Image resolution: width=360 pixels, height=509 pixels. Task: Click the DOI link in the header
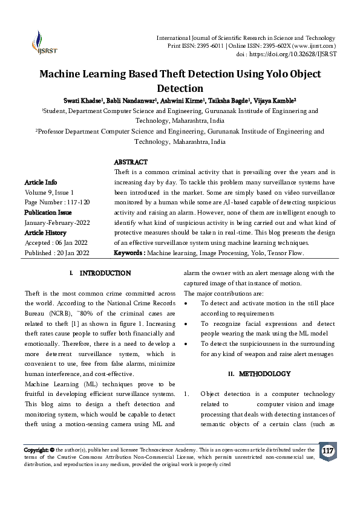(296, 54)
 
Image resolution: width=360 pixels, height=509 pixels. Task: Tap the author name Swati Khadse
(83, 100)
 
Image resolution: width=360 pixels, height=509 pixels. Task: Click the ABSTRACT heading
(131, 163)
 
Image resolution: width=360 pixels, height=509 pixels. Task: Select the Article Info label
(41, 182)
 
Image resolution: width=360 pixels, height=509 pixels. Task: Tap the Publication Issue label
(48, 212)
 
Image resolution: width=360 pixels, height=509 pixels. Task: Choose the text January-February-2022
(57, 222)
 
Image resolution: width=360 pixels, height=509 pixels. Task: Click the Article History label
(45, 233)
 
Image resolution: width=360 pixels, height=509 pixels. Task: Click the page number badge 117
(328, 452)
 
